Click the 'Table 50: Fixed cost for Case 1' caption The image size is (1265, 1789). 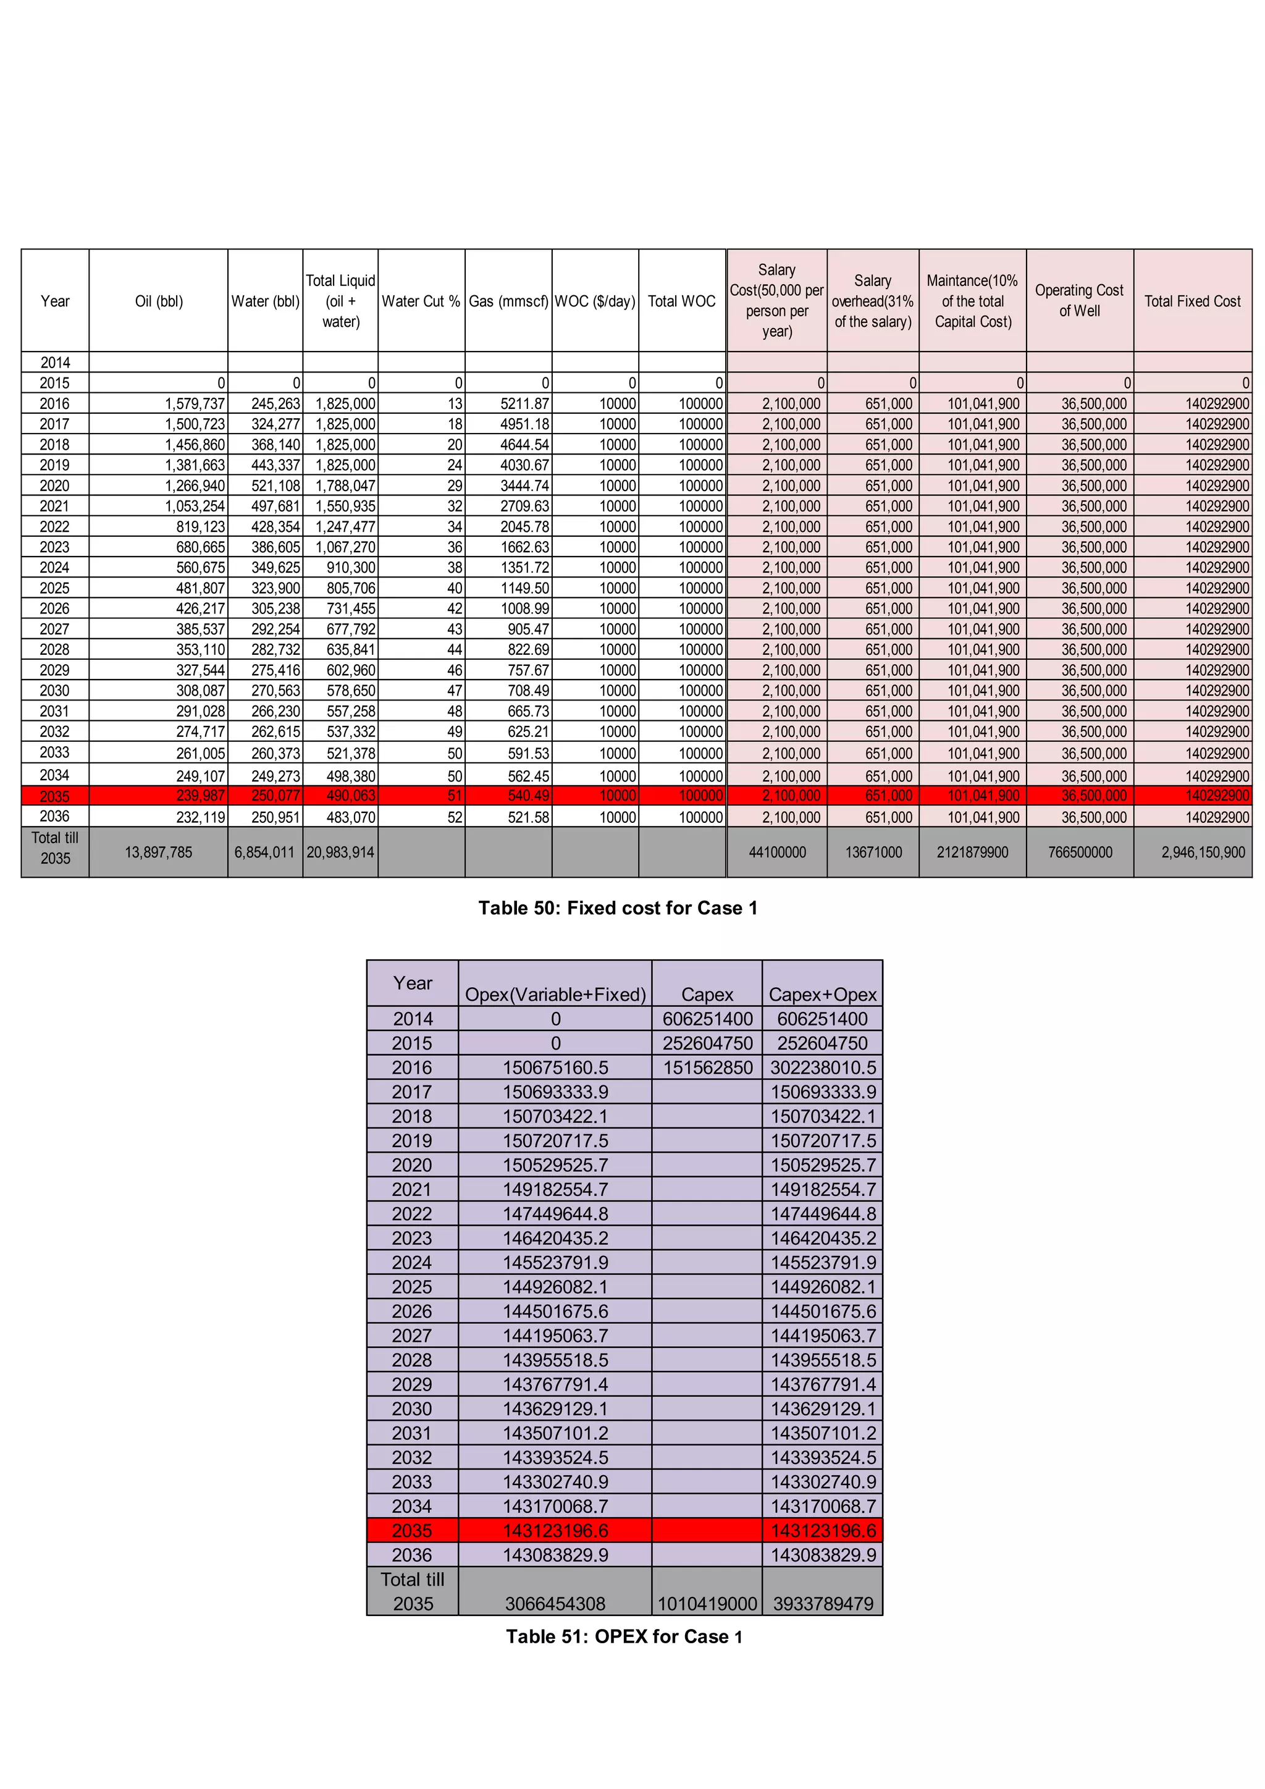click(617, 907)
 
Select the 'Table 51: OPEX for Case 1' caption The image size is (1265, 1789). click(624, 1636)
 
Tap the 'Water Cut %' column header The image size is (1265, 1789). click(421, 301)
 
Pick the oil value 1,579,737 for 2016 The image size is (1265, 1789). click(195, 403)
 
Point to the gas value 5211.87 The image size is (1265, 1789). click(524, 403)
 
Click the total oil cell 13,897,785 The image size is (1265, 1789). click(158, 852)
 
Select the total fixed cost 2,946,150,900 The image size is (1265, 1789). click(1203, 852)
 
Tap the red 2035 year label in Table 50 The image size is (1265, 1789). click(54, 796)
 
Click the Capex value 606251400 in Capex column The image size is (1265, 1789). click(707, 1019)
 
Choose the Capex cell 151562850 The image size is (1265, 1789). click(707, 1067)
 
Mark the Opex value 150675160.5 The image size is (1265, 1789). click(555, 1067)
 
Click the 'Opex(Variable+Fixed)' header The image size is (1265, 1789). click(555, 994)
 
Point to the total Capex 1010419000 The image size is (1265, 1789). click(707, 1604)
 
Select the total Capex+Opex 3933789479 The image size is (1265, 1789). click(823, 1604)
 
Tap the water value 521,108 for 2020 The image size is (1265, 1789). click(275, 486)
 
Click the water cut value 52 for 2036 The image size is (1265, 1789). click(454, 817)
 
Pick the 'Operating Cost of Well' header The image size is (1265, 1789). click(1079, 301)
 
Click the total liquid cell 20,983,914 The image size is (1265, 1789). click(340, 852)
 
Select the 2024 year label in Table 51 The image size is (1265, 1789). click(412, 1262)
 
